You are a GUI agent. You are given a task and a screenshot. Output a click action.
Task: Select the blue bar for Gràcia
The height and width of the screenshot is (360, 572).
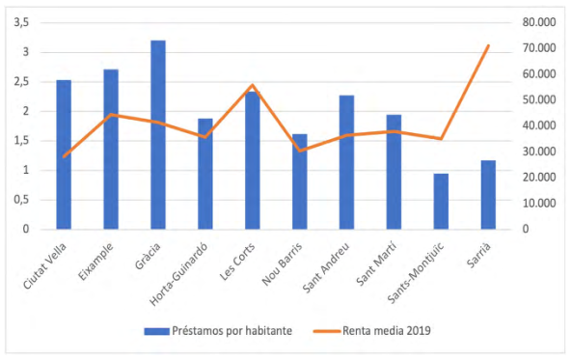click(x=158, y=135)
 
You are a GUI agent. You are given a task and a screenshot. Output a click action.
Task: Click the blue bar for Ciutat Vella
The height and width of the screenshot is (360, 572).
click(x=64, y=154)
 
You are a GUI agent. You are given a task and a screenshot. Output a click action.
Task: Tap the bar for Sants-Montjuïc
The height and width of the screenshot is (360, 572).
click(x=441, y=202)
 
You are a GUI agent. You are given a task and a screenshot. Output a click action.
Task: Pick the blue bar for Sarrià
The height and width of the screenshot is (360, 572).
click(x=488, y=195)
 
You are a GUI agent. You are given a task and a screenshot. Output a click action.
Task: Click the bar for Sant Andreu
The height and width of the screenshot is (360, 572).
click(x=346, y=162)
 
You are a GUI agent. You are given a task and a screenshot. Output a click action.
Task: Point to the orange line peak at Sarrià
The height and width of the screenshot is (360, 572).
click(x=488, y=45)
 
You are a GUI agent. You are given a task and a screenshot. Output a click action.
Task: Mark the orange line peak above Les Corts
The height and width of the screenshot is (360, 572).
click(x=252, y=85)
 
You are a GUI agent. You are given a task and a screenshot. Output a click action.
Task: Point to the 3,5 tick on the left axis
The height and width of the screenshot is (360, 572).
click(x=20, y=22)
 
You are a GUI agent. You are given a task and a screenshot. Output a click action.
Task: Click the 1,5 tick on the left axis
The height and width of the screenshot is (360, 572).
click(x=20, y=141)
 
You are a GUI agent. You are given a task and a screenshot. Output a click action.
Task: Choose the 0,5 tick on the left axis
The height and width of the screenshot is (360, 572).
click(x=20, y=200)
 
